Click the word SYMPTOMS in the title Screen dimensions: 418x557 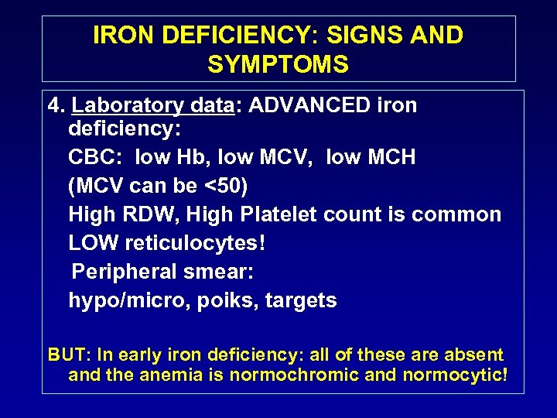(x=278, y=64)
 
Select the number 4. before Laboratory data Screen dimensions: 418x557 (x=55, y=105)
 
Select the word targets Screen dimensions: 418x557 (x=302, y=300)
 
